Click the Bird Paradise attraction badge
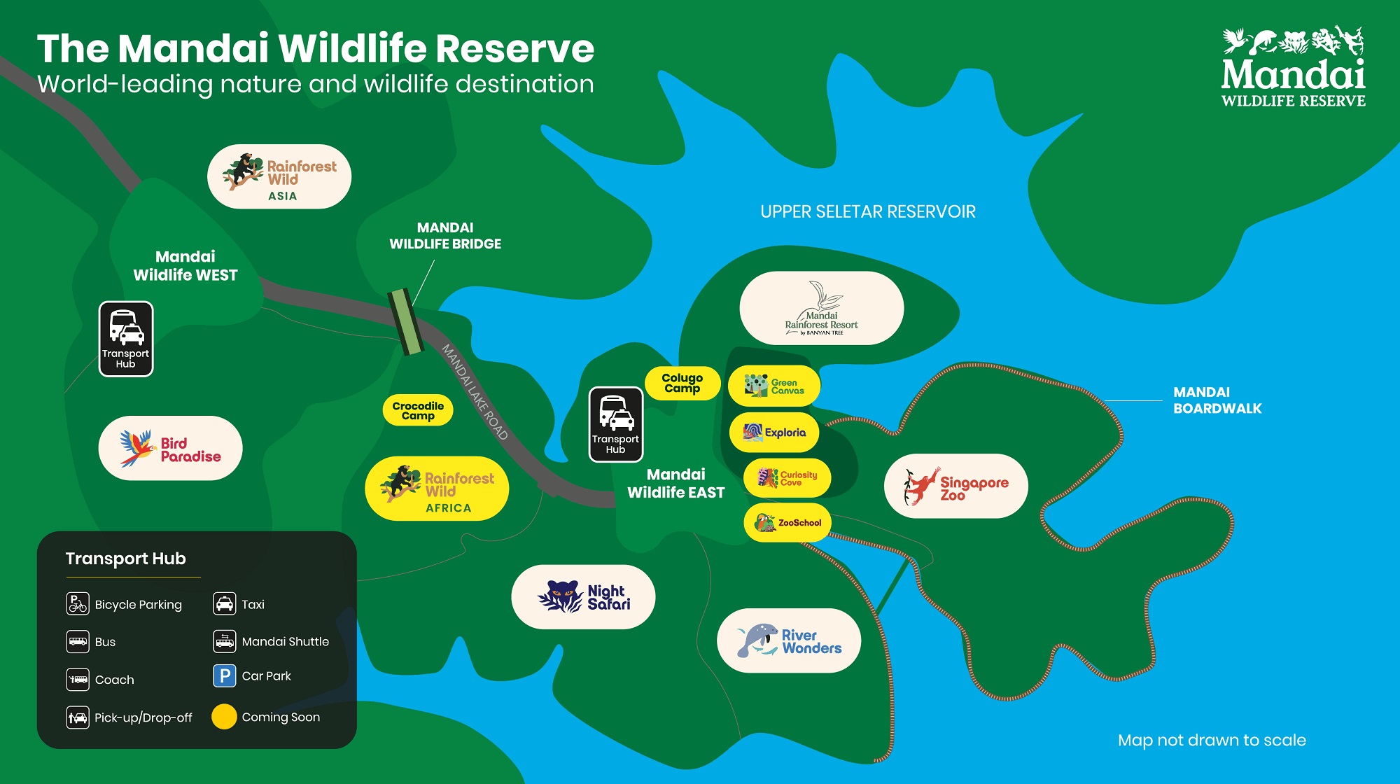pos(170,449)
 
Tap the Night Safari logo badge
pos(583,597)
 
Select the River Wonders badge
pos(789,640)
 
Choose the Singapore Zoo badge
pos(955,486)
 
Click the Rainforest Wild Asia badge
pos(279,177)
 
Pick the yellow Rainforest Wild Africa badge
pos(437,489)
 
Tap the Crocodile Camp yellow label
pos(418,411)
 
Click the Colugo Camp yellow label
pos(682,383)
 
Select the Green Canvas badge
pos(773,386)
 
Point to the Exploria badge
pos(774,433)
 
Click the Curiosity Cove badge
pos(787,478)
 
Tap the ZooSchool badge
pos(787,522)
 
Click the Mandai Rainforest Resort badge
pos(821,308)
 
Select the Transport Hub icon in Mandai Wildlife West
pos(126,339)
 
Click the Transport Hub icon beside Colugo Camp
pos(615,424)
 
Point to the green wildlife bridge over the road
pos(406,322)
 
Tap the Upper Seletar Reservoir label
pos(868,212)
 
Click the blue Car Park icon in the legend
pos(224,676)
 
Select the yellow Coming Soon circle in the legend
pos(224,717)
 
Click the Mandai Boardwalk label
pos(1217,400)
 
